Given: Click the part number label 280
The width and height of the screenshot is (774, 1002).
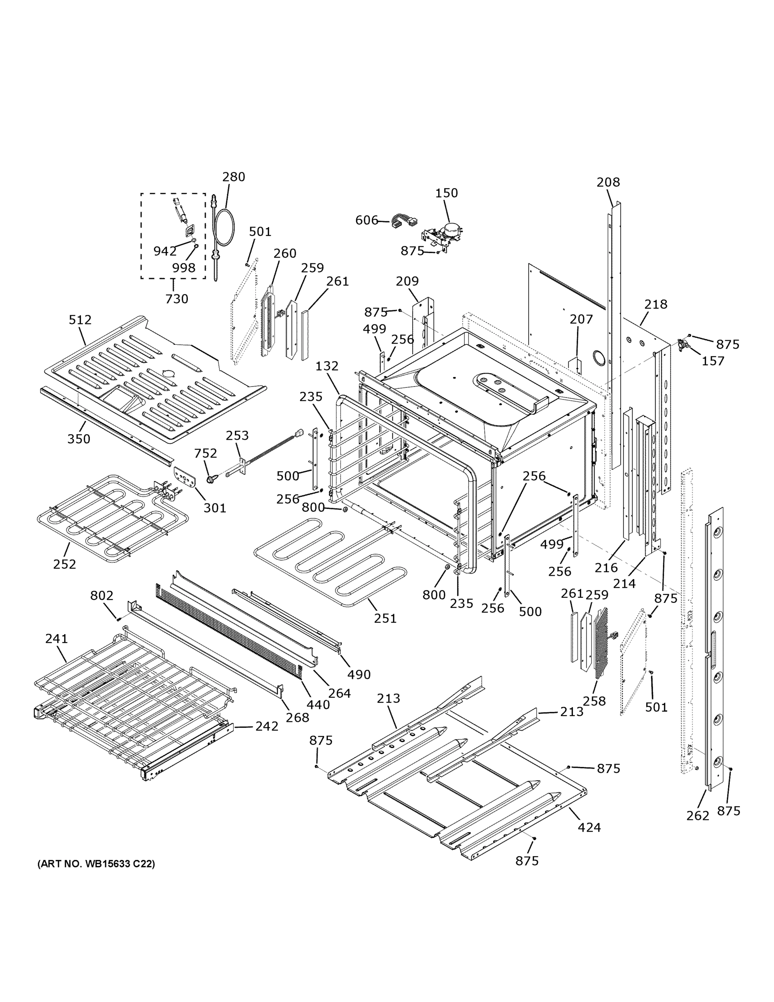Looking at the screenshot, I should [233, 177].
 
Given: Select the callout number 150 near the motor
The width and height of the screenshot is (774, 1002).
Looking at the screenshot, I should [446, 193].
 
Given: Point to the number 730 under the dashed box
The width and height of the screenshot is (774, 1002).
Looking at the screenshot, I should [176, 299].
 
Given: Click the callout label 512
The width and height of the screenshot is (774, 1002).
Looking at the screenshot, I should [80, 320].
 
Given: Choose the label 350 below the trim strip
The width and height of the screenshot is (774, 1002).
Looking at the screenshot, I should [79, 439].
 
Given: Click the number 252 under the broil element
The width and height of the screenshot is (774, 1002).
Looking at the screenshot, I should [64, 564].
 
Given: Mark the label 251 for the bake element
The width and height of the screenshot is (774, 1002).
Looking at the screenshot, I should [385, 618].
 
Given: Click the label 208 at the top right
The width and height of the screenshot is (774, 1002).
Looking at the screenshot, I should [608, 182].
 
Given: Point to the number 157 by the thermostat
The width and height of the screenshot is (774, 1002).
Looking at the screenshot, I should [713, 361].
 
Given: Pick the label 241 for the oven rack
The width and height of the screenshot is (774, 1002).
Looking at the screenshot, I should [56, 639].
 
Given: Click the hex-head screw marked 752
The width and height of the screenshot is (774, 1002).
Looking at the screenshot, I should [212, 479].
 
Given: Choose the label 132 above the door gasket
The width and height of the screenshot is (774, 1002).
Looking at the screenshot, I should [327, 366].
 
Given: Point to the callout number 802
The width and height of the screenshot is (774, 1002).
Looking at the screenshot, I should [101, 595].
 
